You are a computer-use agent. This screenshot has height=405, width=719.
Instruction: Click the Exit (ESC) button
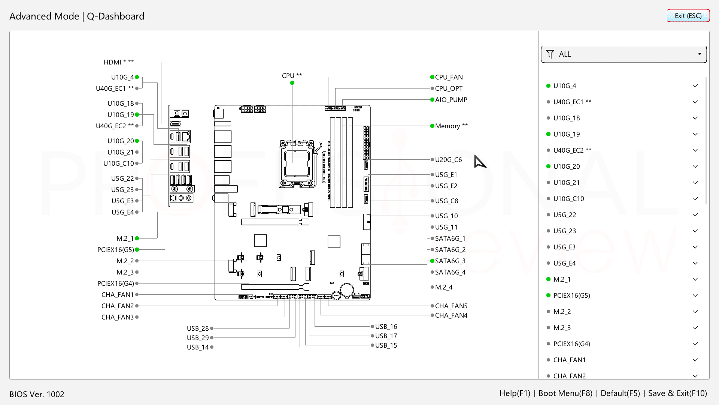point(688,16)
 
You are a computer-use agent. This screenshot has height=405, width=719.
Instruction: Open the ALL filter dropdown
point(624,54)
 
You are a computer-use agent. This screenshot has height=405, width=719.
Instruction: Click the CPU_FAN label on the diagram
point(449,77)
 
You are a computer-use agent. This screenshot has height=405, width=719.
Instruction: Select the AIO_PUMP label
point(451,100)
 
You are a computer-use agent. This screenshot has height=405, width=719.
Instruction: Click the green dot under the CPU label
point(292,83)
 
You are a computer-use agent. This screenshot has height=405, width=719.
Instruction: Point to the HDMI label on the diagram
point(112,62)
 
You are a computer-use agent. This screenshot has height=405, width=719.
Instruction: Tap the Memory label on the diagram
point(448,126)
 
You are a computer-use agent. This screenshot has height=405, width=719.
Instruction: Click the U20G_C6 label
point(449,160)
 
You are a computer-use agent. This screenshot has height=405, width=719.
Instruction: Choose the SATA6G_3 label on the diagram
point(450,261)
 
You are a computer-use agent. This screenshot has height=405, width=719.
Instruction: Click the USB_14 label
point(198,347)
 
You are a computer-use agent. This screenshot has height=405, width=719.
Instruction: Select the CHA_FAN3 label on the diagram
point(118,317)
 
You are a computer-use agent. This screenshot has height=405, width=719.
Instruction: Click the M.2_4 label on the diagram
point(444,287)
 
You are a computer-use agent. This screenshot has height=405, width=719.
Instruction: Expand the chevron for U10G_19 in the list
point(695,134)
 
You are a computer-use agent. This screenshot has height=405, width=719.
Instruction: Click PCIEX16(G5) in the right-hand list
point(572,295)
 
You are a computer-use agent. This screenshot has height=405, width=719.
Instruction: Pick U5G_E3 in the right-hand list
point(564,247)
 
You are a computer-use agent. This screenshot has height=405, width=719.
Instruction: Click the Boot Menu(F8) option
point(565,393)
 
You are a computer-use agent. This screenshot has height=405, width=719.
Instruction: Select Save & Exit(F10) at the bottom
point(677,393)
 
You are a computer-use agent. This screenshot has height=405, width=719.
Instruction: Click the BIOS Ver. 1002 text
point(37,394)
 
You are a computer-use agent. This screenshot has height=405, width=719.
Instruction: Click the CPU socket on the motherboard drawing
point(296,164)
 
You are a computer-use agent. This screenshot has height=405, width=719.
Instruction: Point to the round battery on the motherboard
point(347,289)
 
